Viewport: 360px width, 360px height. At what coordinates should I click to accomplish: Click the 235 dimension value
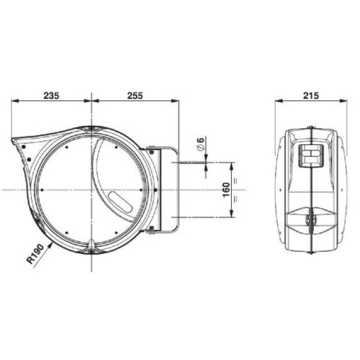[51, 96]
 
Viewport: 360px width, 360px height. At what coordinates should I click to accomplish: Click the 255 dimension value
[135, 96]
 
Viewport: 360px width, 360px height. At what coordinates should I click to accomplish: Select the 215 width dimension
[311, 96]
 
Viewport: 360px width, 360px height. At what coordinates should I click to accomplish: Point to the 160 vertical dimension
[226, 190]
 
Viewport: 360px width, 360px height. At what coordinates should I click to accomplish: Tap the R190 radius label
[35, 254]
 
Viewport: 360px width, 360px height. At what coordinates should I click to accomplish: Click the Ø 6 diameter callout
[201, 144]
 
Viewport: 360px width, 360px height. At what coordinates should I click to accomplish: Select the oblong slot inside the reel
[120, 202]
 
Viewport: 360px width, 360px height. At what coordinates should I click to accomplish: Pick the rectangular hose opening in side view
[311, 156]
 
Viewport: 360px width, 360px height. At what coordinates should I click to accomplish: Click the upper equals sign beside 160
[235, 182]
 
